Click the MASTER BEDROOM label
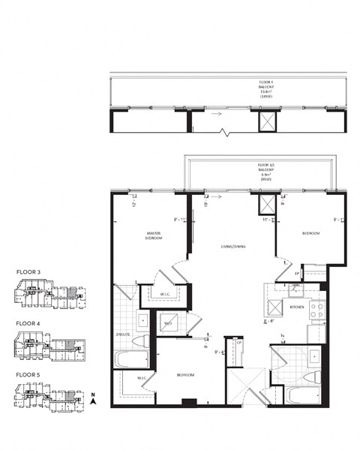tap(154, 238)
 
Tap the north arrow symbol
tap(91, 400)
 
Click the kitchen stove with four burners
tap(317, 307)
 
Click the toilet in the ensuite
tap(141, 342)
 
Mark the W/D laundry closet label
tap(169, 323)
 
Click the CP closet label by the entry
tap(238, 344)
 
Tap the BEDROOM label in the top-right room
tap(310, 233)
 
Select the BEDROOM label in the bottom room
tap(185, 373)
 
